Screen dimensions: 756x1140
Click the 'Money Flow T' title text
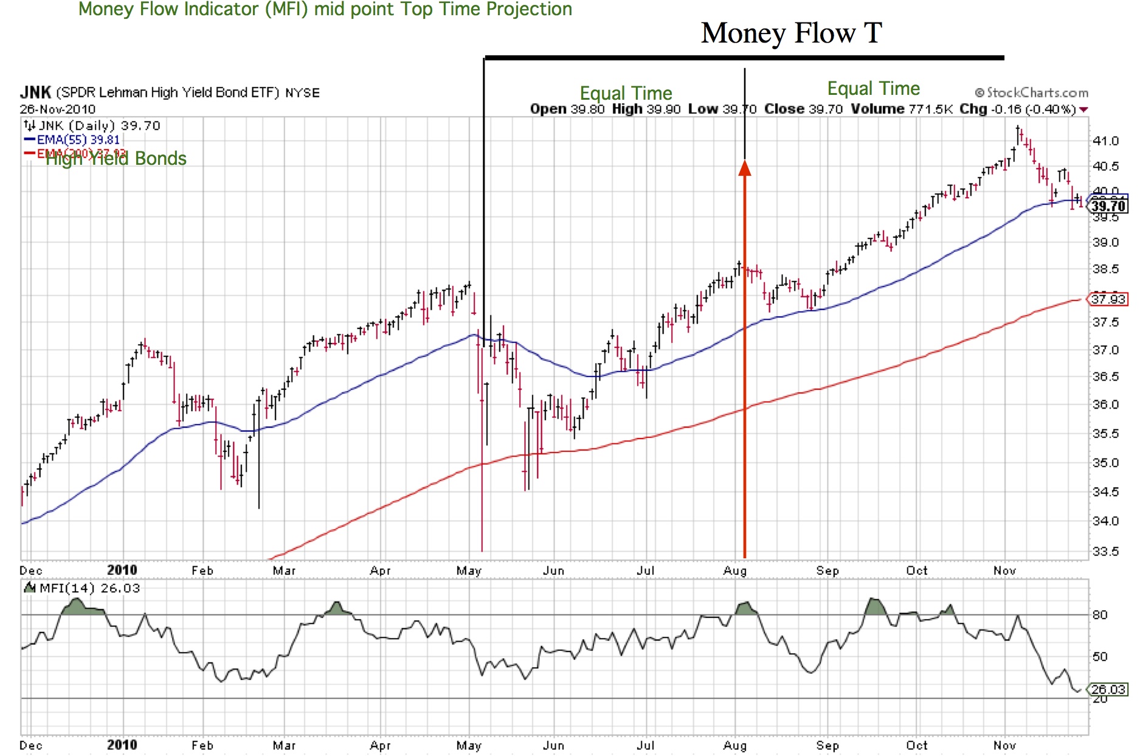point(791,33)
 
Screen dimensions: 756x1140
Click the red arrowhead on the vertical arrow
point(745,168)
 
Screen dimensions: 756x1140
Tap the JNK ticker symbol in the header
point(35,92)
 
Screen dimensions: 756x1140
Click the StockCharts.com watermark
point(1032,92)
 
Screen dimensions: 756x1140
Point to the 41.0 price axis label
point(1105,141)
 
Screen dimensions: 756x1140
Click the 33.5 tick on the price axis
point(1105,552)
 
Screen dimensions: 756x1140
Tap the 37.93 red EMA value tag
point(1108,299)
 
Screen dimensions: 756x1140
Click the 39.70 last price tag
point(1108,206)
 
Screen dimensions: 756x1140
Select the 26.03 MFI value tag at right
point(1108,689)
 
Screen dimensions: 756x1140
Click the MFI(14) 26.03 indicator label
point(89,588)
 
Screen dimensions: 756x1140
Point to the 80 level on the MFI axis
point(1100,615)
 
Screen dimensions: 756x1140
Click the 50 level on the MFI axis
point(1100,657)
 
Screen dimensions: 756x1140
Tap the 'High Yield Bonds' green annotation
point(116,159)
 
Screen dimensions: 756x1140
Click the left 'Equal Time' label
point(626,93)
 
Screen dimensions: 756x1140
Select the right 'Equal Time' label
point(873,89)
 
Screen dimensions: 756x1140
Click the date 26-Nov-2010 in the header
point(58,109)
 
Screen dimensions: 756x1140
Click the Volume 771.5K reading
point(902,109)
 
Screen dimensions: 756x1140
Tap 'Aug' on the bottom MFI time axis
point(734,745)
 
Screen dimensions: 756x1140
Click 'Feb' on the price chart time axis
point(202,570)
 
